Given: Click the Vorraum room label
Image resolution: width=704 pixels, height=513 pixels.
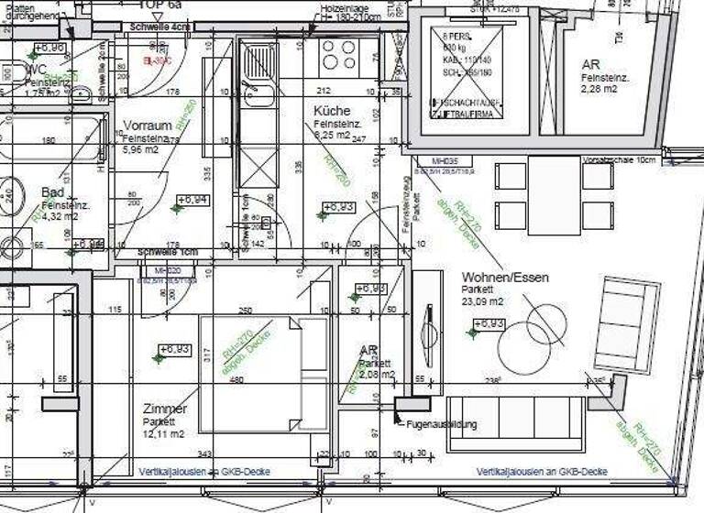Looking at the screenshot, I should coord(148,126).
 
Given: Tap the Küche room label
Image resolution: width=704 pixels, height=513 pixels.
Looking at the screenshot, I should coord(332,110).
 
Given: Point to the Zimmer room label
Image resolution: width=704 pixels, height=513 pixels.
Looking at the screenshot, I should coord(165,409).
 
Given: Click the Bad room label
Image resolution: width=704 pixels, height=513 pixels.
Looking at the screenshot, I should coord(53,192).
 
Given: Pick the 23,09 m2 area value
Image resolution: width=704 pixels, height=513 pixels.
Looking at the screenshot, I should coord(482,301).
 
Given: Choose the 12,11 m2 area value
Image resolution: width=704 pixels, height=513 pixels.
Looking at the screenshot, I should coord(163,433).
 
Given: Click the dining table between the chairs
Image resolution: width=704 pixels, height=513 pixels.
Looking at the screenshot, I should coord(554,194).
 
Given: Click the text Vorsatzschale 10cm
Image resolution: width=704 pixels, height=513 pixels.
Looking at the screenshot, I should coord(621,159).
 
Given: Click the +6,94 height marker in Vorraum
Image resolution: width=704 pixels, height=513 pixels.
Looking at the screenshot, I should coord(192,199).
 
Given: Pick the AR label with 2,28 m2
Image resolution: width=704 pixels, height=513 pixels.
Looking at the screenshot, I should coord(591,65).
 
